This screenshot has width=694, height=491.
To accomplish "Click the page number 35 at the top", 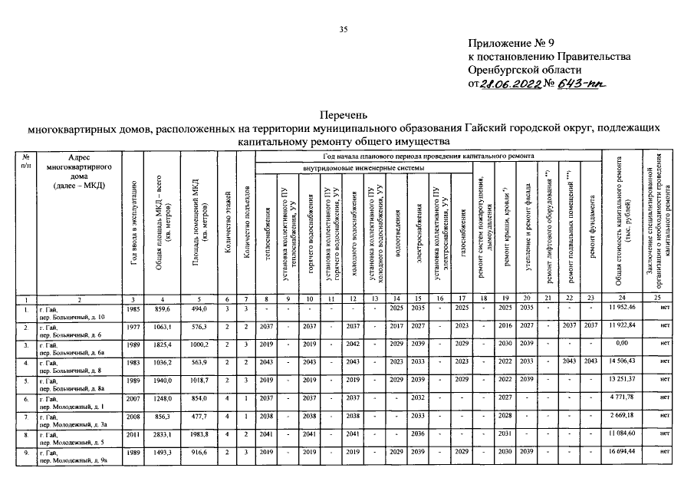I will pyautogui.click(x=344, y=29).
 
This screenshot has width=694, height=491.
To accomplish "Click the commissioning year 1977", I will pyautogui.click(x=133, y=325).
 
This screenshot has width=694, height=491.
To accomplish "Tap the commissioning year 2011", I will pyautogui.click(x=133, y=437).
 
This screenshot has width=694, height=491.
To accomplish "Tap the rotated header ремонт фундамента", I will pyautogui.click(x=591, y=230).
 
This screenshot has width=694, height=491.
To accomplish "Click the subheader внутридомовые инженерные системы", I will pyautogui.click(x=363, y=168).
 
